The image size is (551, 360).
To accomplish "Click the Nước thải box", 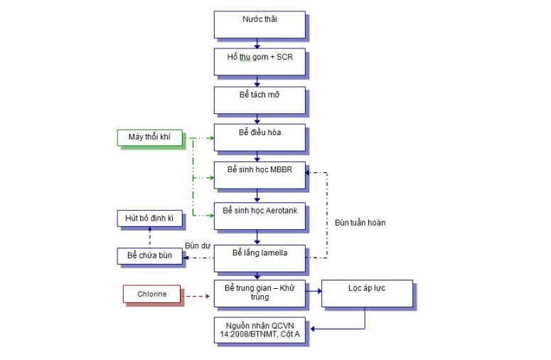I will [x=260, y=24].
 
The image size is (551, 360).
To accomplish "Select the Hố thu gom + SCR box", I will [x=260, y=62].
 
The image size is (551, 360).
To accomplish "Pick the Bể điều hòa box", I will [x=260, y=137].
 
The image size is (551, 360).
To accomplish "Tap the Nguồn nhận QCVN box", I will [x=260, y=329].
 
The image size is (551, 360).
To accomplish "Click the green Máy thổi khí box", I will [x=149, y=137].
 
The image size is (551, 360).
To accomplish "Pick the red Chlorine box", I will [x=154, y=293].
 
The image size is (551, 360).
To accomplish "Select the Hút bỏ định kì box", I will [x=149, y=218].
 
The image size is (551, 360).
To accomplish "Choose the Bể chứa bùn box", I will [x=149, y=256].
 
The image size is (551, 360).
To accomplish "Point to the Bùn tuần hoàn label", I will [x=360, y=223].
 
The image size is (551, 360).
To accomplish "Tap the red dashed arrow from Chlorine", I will [x=198, y=293].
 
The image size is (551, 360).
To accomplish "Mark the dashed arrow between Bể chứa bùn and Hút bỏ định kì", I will [x=149, y=238].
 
